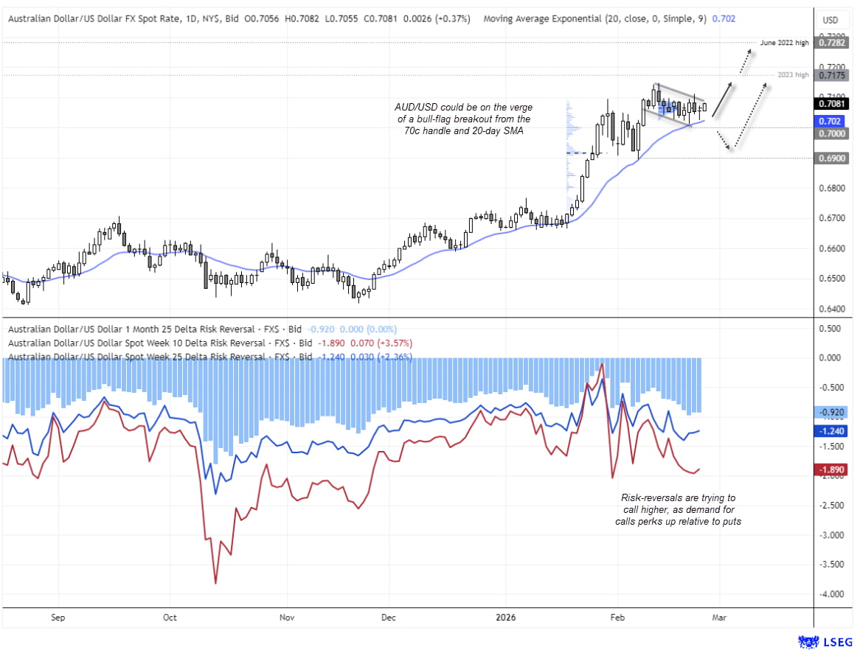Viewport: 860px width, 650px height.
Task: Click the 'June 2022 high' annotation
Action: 784,43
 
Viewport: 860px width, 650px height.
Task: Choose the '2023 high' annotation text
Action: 793,75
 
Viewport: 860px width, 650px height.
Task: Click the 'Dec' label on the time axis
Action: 389,618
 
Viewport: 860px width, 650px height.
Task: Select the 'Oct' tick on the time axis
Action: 170,618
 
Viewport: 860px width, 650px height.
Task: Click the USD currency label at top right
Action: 830,20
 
